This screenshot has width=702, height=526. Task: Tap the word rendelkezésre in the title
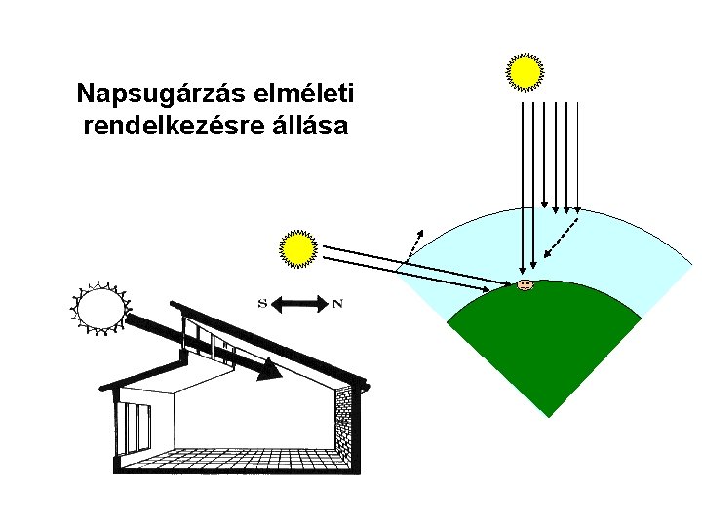pyautogui.click(x=160, y=127)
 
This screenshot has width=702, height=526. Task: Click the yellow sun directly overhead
pyautogui.click(x=525, y=71)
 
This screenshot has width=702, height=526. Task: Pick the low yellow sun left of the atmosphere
pyautogui.click(x=298, y=249)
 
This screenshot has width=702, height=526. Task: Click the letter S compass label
pyautogui.click(x=262, y=303)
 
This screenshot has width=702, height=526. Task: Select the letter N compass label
pyautogui.click(x=337, y=303)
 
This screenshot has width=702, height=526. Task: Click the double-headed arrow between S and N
pyautogui.click(x=299, y=303)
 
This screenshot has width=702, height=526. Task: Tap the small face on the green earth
pyautogui.click(x=525, y=285)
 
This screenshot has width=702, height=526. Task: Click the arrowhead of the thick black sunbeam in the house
pyautogui.click(x=270, y=371)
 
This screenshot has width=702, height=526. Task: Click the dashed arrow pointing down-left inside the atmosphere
pyautogui.click(x=562, y=238)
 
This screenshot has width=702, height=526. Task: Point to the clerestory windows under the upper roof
pyautogui.click(x=210, y=341)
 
